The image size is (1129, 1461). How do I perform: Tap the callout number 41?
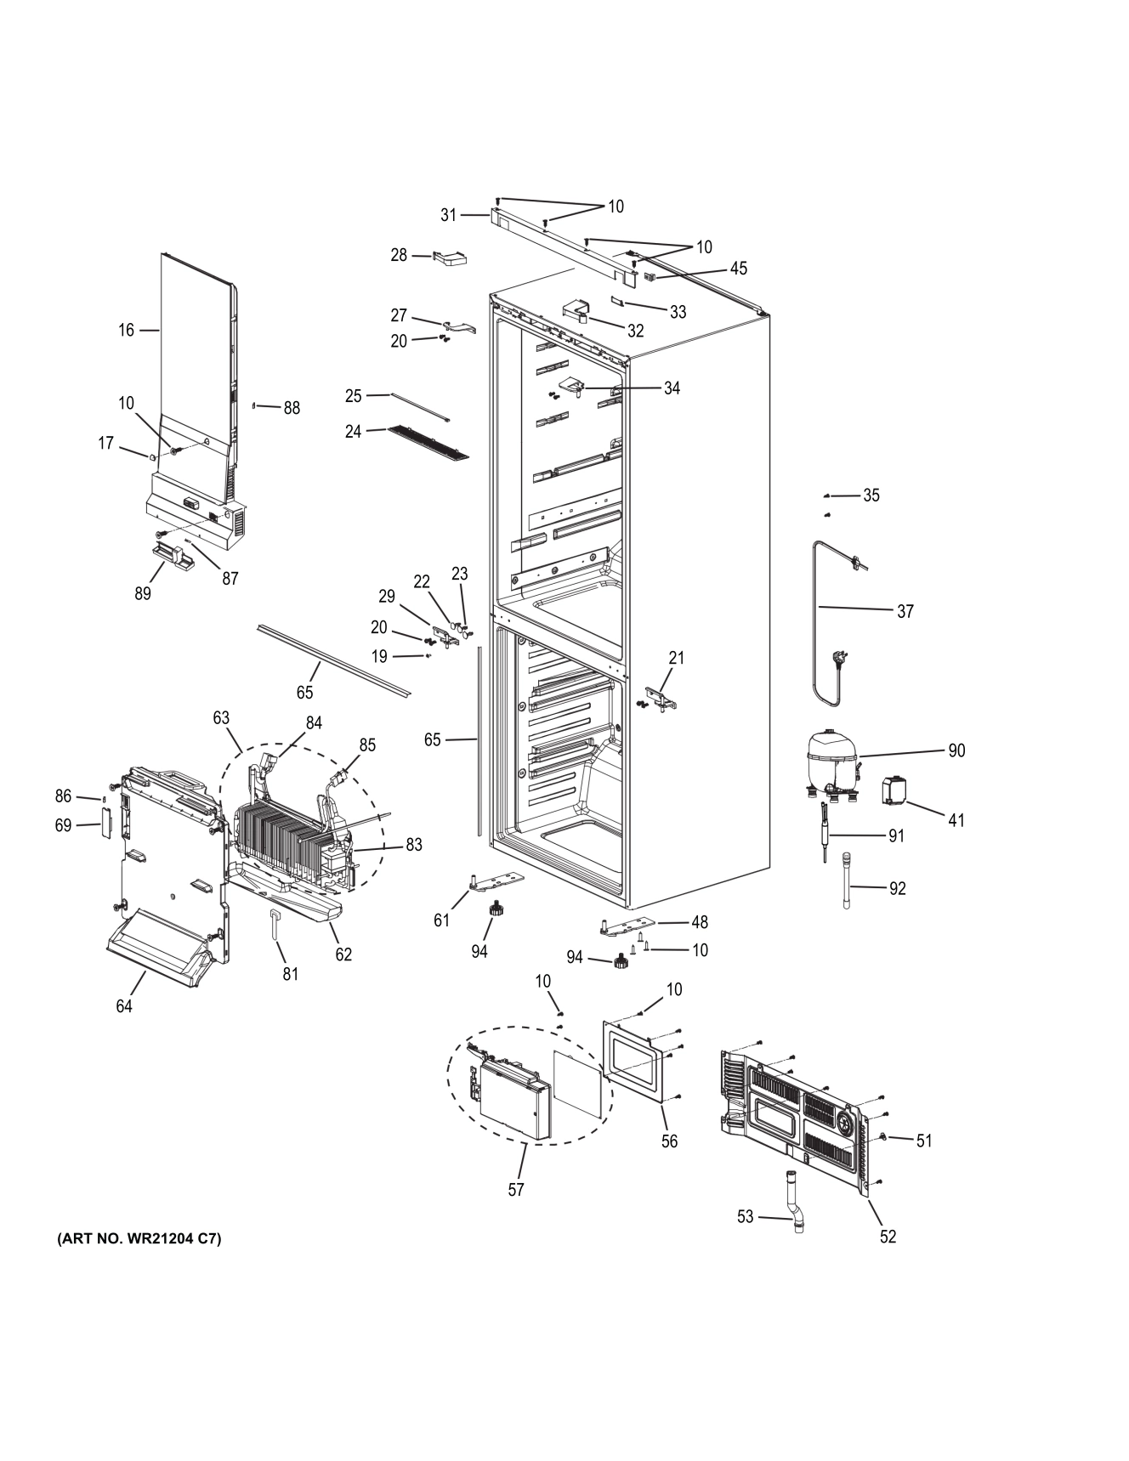(956, 820)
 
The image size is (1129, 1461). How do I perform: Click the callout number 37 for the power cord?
(905, 611)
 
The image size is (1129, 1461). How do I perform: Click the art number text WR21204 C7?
(139, 1238)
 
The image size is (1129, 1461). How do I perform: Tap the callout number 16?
(126, 330)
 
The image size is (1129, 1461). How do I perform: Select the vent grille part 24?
(428, 443)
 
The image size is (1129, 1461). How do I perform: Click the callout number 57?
(516, 1190)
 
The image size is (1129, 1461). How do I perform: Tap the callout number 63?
(221, 718)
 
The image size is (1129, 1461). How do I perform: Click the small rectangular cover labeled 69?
(106, 823)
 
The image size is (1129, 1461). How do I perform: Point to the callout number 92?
(897, 888)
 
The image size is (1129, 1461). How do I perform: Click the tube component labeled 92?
(847, 881)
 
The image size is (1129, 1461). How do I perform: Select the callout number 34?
(672, 388)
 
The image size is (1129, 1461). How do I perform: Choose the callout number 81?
(291, 974)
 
